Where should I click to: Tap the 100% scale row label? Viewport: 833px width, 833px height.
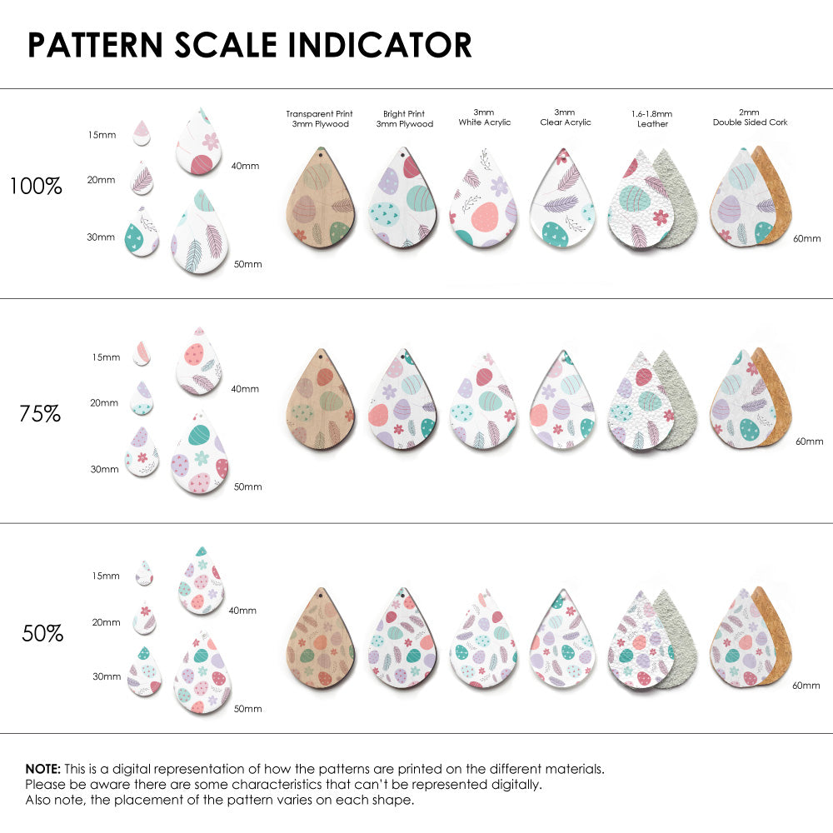(x=36, y=187)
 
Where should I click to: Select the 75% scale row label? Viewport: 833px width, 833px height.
(x=40, y=412)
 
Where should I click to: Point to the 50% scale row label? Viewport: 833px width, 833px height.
(x=42, y=633)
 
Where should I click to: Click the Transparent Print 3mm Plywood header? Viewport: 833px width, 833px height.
(x=319, y=118)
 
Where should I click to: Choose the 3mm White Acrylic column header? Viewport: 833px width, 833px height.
(x=484, y=117)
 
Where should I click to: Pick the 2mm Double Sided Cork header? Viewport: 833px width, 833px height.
(x=750, y=117)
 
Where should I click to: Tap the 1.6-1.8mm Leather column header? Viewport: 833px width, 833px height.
(x=652, y=118)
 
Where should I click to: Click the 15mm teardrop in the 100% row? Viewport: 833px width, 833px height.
(x=142, y=132)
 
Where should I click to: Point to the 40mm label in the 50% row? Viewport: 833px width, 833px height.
(x=242, y=611)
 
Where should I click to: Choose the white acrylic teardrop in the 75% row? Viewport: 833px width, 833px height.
(x=483, y=402)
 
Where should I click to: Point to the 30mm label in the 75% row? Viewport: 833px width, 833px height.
(x=104, y=469)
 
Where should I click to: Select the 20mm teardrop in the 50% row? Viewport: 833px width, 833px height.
(x=145, y=618)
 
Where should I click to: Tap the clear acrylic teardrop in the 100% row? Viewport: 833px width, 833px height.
(x=565, y=200)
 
